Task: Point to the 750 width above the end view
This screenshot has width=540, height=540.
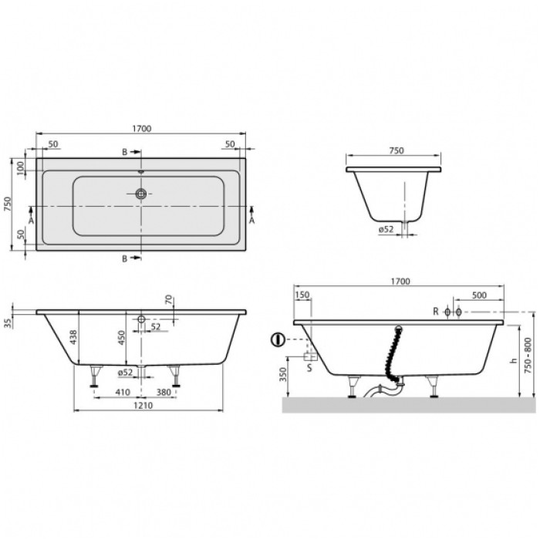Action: [x=395, y=151]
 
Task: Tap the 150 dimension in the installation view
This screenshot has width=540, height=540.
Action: [x=302, y=294]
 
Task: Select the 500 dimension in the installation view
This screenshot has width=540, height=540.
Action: [x=478, y=294]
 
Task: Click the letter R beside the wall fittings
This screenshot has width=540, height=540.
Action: [x=436, y=312]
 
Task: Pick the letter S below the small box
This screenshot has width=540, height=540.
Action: [x=311, y=369]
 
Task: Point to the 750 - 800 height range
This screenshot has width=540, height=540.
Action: [x=528, y=352]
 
